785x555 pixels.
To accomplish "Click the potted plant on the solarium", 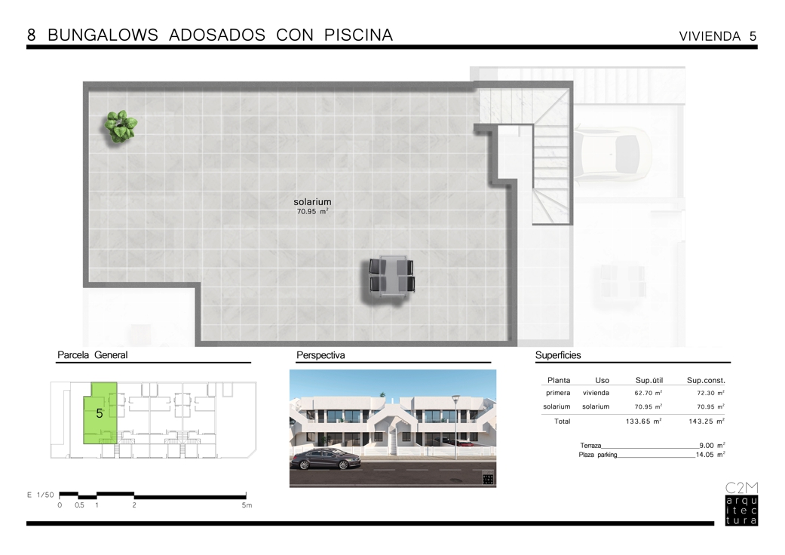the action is [121, 126].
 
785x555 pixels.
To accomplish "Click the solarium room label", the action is [312, 201].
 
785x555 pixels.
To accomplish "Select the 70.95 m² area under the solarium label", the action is [312, 212].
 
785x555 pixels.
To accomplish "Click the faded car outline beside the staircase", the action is [612, 154].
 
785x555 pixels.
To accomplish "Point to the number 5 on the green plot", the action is [99, 413].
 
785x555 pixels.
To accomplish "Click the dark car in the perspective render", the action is [326, 459].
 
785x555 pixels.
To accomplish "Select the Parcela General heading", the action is [93, 355].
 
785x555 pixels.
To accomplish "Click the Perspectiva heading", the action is [320, 355].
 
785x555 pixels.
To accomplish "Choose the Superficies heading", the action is [558, 355].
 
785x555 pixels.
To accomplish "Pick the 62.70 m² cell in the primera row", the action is [649, 393].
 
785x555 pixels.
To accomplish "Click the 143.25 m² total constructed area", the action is [707, 422].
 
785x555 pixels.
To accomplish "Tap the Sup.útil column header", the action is [649, 380].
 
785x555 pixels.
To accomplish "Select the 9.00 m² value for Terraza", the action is [712, 445].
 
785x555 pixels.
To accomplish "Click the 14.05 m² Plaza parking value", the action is [710, 455].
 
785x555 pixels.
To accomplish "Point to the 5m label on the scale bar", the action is [247, 505].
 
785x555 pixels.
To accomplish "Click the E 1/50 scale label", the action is [41, 495].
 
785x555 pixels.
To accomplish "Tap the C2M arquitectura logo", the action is [741, 504].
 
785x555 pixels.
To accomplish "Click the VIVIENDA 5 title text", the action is [717, 36].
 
